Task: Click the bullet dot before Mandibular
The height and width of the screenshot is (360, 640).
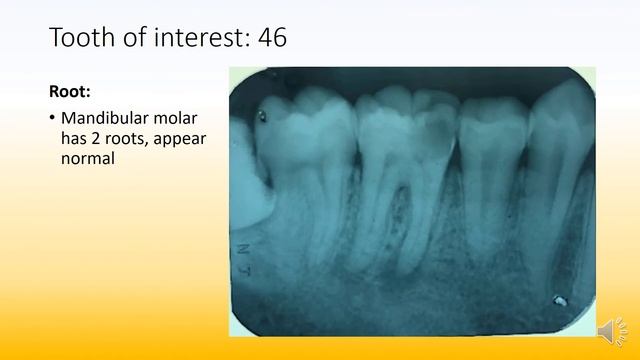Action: click(53, 120)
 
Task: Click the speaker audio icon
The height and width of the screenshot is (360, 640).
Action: click(607, 329)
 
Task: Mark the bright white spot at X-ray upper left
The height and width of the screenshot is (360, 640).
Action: click(263, 116)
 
